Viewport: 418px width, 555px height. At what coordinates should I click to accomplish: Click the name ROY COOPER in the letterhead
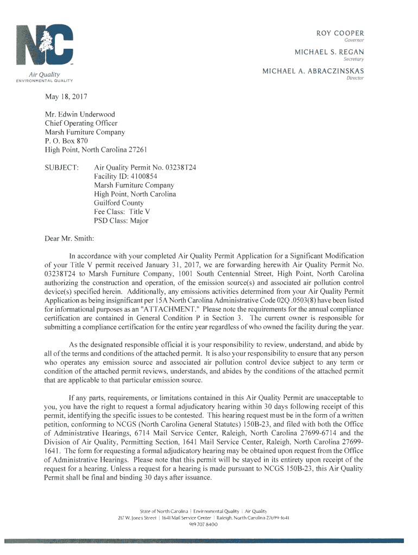click(340, 33)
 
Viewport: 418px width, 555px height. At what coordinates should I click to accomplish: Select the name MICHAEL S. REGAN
click(329, 51)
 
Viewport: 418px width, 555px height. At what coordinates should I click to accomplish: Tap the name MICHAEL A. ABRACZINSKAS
click(313, 71)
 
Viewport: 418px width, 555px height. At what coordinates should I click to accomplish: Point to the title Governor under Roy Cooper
click(354, 40)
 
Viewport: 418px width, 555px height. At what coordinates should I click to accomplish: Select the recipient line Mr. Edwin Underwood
click(80, 114)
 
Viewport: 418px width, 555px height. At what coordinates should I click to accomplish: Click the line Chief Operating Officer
click(81, 123)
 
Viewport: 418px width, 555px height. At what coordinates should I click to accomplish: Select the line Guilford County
click(119, 203)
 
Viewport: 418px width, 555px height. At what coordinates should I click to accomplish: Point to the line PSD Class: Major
click(121, 220)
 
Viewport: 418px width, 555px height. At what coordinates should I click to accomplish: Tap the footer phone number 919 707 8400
click(203, 525)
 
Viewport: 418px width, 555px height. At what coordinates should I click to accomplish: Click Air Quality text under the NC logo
click(45, 74)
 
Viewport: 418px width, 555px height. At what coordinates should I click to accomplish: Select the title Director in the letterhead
click(355, 78)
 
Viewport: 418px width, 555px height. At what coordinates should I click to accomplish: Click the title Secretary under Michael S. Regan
click(354, 59)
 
